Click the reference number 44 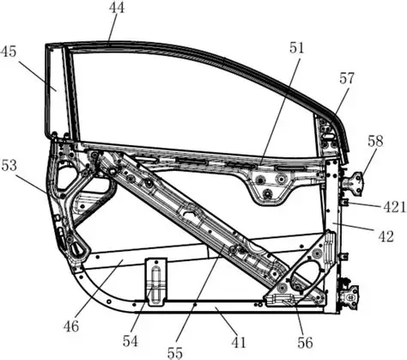point(117,8)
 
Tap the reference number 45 point(9,52)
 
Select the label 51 point(296,48)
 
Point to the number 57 point(347,78)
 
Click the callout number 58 point(375,141)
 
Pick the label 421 point(395,207)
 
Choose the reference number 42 point(386,236)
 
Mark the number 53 point(9,166)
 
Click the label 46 point(71,326)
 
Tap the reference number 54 point(131,341)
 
